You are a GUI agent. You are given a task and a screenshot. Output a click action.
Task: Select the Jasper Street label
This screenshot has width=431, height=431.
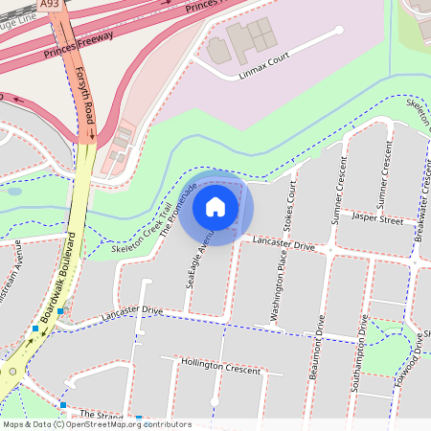[377, 219]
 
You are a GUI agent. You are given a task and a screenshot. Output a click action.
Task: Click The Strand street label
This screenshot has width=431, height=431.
[102, 416]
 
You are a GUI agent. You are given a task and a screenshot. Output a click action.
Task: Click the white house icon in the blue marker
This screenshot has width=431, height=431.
[215, 206]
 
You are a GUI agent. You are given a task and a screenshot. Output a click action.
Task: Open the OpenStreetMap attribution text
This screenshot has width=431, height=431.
[97, 424]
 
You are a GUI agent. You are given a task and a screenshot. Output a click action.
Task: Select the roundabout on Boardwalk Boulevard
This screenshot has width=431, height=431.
[11, 371]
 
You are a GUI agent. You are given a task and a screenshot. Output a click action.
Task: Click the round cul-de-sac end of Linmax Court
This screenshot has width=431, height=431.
[339, 30]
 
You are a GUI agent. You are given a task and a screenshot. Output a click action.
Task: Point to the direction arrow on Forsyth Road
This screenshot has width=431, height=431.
[92, 134]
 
